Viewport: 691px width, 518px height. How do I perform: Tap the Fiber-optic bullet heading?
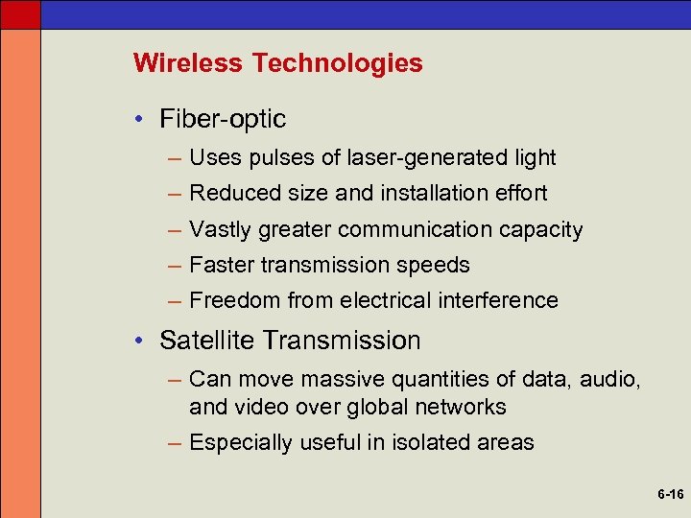click(x=223, y=120)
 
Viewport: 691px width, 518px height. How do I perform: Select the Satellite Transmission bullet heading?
click(x=290, y=341)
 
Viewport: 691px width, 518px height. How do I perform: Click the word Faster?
click(x=221, y=265)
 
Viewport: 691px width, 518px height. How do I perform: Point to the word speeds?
click(x=438, y=266)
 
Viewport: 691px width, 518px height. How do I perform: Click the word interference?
click(x=498, y=300)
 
